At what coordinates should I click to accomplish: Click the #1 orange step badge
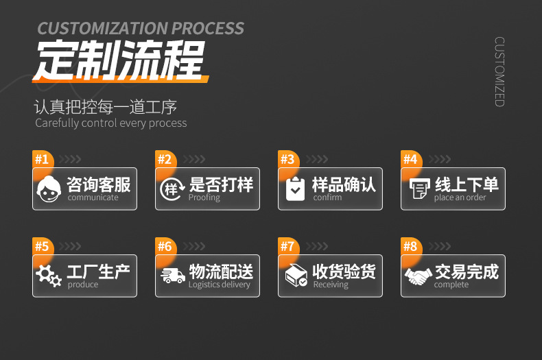[42, 160]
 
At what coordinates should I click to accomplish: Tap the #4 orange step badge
[410, 160]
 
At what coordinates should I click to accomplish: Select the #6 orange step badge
[165, 247]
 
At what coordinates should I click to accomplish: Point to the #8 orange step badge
[410, 247]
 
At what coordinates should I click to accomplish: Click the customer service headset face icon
[49, 189]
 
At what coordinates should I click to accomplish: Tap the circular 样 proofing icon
[172, 189]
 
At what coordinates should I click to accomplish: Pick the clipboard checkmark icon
[295, 189]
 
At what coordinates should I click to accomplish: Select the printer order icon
[418, 189]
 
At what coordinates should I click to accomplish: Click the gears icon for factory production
[49, 276]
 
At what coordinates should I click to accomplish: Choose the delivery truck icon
[172, 276]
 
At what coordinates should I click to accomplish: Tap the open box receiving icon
[295, 276]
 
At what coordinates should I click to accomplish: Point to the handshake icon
[418, 276]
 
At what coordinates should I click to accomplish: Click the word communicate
[93, 198]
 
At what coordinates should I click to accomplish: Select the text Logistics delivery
[220, 285]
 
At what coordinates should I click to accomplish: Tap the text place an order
[460, 198]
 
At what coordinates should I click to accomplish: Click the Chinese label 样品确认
[344, 184]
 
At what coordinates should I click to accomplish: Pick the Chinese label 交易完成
[467, 271]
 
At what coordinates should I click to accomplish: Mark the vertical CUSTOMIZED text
[499, 71]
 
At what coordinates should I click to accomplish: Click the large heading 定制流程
[121, 62]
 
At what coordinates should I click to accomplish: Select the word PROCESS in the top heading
[207, 29]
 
